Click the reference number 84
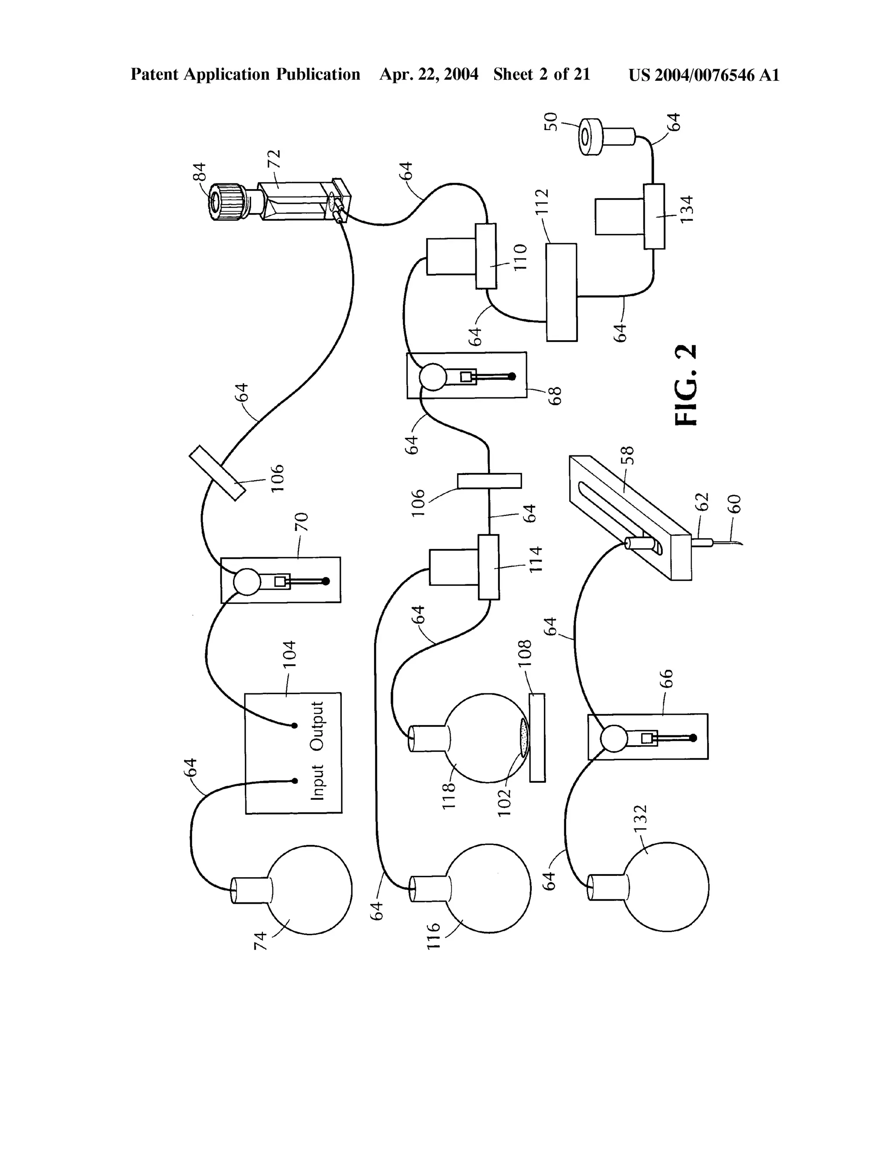pos(199,172)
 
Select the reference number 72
pos(275,159)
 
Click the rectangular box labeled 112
pos(561,292)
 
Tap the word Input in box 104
pos(317,782)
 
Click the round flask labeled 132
pos(666,886)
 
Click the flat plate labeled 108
pos(537,737)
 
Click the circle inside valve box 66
pos(614,738)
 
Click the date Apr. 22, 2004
pos(429,75)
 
